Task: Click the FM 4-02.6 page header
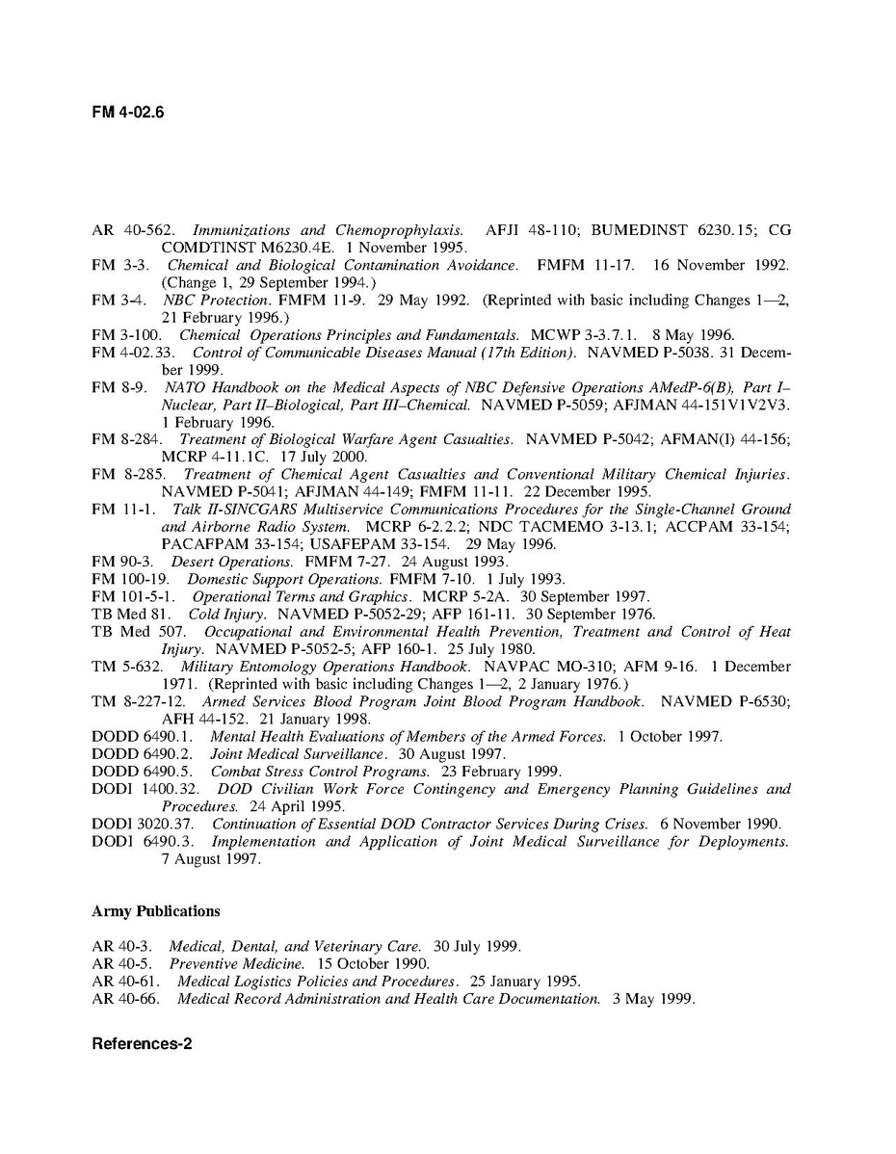tap(128, 112)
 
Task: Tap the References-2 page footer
tap(142, 1043)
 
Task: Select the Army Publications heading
tap(156, 910)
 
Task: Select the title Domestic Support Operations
tap(284, 579)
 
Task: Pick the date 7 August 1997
tap(210, 859)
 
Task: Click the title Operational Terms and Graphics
tap(295, 596)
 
